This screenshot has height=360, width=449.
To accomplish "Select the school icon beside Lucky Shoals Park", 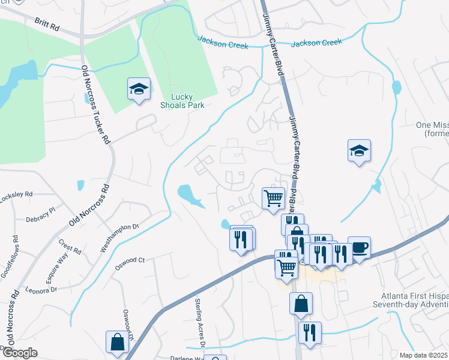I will pyautogui.click(x=139, y=90).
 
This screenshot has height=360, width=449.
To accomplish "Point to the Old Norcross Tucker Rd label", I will pyautogui.click(x=96, y=105).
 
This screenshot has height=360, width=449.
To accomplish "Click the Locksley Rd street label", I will pyautogui.click(x=16, y=195).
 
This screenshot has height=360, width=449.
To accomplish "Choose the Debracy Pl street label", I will pyautogui.click(x=40, y=211).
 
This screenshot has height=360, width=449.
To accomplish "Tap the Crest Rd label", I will pyautogui.click(x=70, y=247).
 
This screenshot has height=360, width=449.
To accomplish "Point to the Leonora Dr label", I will pyautogui.click(x=41, y=289).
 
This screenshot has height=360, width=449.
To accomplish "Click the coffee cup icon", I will pyautogui.click(x=359, y=247).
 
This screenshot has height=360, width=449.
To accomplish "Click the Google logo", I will pyautogui.click(x=19, y=353).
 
